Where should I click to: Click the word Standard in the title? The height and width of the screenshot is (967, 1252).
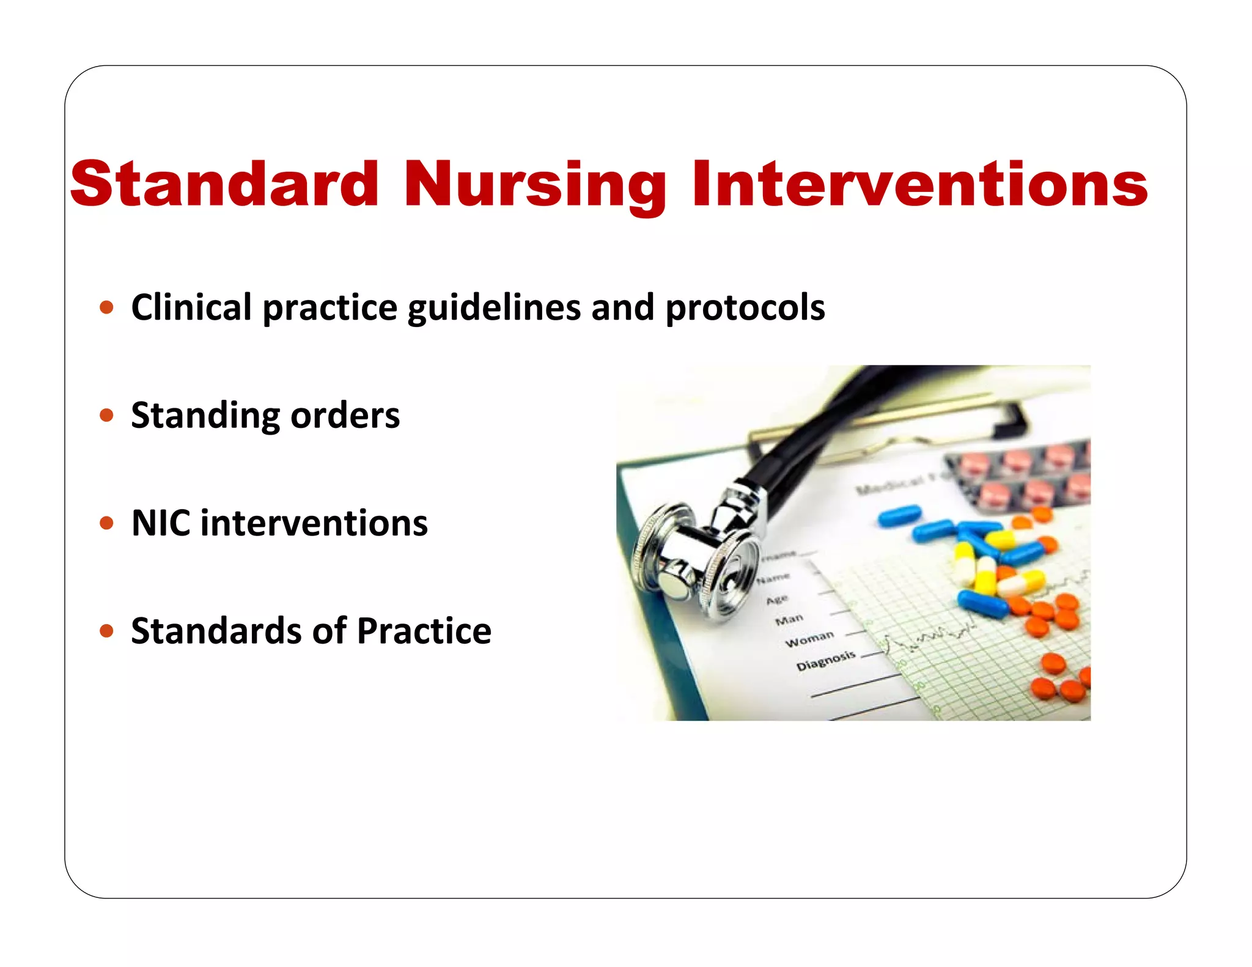coord(224,184)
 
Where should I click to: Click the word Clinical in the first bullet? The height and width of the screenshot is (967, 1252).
coord(191,307)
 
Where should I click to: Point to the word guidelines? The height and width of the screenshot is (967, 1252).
coord(493,308)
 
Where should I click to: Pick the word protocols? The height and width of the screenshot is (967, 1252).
coord(745,308)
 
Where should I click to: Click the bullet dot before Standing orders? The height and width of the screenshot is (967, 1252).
coord(107,416)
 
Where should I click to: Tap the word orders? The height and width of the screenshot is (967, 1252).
coord(345,416)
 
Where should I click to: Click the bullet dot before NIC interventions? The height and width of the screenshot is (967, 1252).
coord(107,523)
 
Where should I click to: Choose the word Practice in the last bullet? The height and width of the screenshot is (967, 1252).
coord(424,631)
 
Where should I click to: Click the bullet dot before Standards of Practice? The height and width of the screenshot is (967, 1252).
coord(107,631)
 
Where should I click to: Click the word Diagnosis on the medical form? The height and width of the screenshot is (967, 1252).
coord(825,660)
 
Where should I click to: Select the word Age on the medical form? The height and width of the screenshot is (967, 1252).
coord(777,599)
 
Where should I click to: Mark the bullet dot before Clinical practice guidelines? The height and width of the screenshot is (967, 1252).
coord(107,307)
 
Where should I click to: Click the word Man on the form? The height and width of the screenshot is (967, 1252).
coord(789,619)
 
